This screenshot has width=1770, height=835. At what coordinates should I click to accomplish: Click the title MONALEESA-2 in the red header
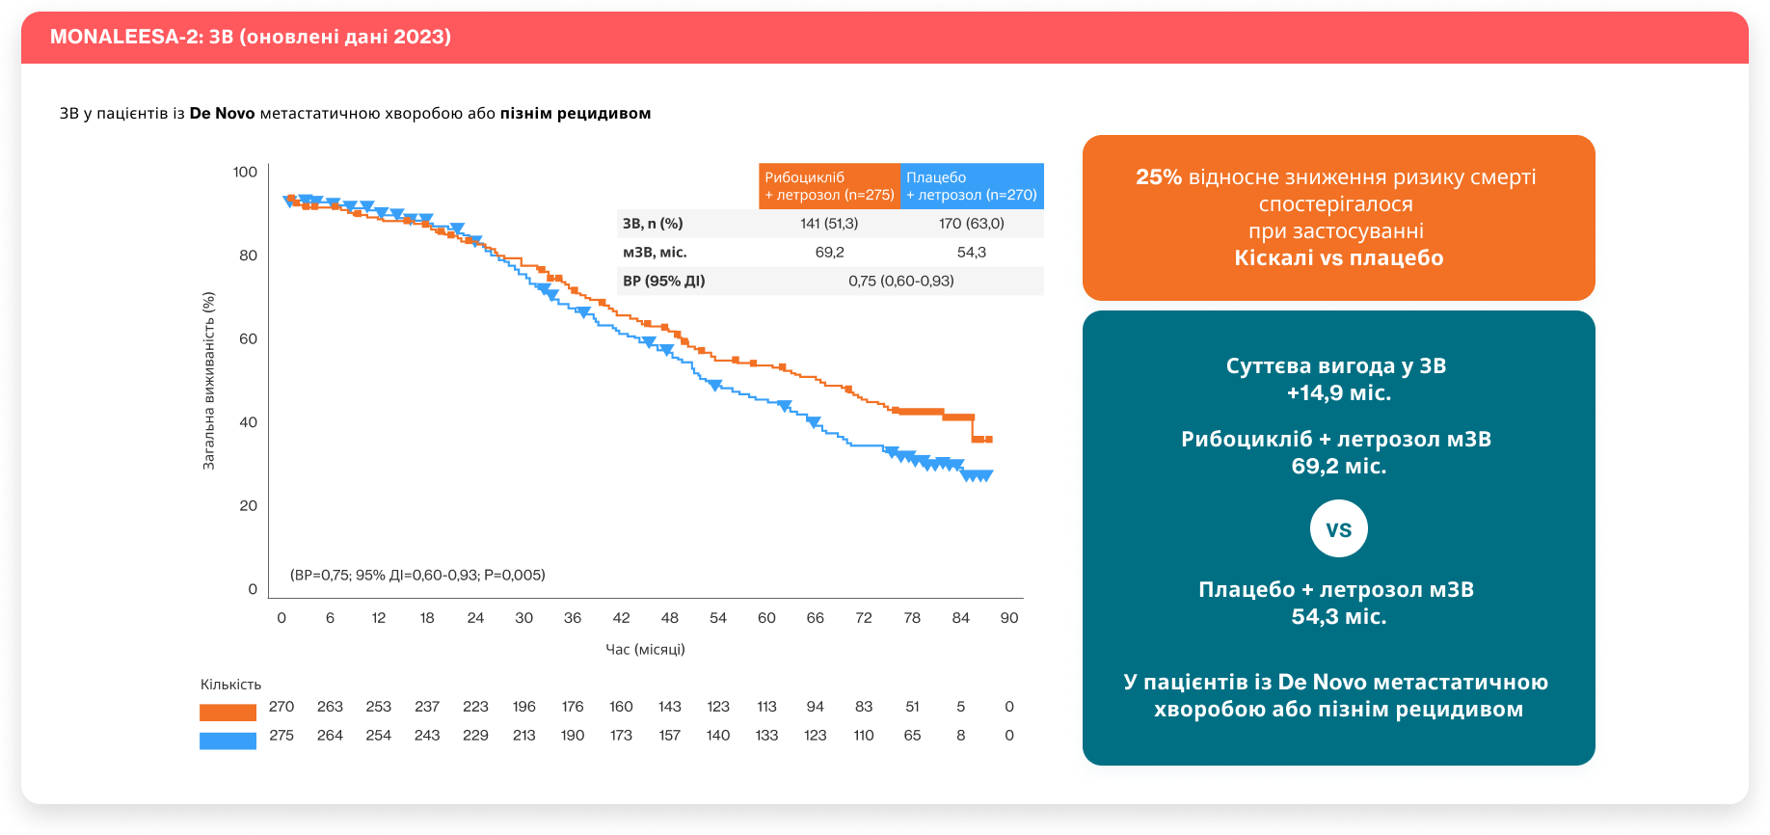point(250,37)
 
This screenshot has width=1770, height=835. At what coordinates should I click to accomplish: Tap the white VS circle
point(1338,528)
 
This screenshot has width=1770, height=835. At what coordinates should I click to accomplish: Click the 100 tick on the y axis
point(245,172)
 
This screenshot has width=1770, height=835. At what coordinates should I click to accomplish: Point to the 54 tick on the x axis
point(718,618)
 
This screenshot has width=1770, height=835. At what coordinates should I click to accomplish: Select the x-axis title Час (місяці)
point(645,649)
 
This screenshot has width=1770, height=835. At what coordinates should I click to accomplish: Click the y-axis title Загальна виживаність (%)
point(208,381)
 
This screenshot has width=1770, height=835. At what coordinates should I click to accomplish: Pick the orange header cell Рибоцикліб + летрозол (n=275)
point(829,186)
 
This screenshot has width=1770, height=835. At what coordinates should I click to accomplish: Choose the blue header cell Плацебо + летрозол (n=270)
point(971,186)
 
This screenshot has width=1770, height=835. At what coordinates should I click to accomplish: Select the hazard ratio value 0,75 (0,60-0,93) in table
point(900,281)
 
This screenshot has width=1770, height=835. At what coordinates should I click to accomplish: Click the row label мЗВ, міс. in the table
point(655,253)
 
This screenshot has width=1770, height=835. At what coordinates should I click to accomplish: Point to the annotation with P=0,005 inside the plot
point(417,575)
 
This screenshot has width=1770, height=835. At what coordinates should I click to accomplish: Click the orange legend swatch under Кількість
point(228,713)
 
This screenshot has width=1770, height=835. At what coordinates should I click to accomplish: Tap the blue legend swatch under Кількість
point(228,741)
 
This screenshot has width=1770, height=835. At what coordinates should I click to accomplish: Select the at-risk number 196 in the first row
point(524,707)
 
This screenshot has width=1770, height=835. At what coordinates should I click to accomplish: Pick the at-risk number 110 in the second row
point(864,736)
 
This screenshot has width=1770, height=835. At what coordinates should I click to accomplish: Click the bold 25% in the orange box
point(1158,177)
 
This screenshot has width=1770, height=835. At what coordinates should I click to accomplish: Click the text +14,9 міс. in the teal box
point(1338,392)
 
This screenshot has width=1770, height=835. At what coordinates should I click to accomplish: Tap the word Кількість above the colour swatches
point(230,685)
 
